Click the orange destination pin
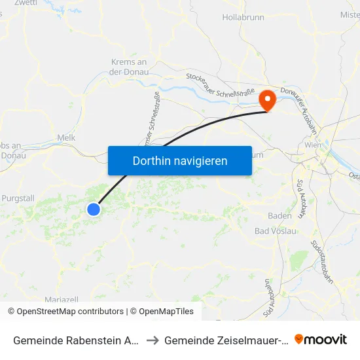pyautogui.click(x=268, y=100)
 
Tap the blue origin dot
pyautogui.click(x=94, y=209)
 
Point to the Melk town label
pyautogui.click(x=67, y=137)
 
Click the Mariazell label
pyautogui.click(x=62, y=299)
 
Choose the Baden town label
pyautogui.click(x=279, y=215)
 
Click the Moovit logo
pyautogui.click(x=321, y=339)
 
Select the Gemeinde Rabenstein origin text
pyautogui.click(x=75, y=340)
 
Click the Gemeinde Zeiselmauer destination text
pyautogui.click(x=226, y=340)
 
